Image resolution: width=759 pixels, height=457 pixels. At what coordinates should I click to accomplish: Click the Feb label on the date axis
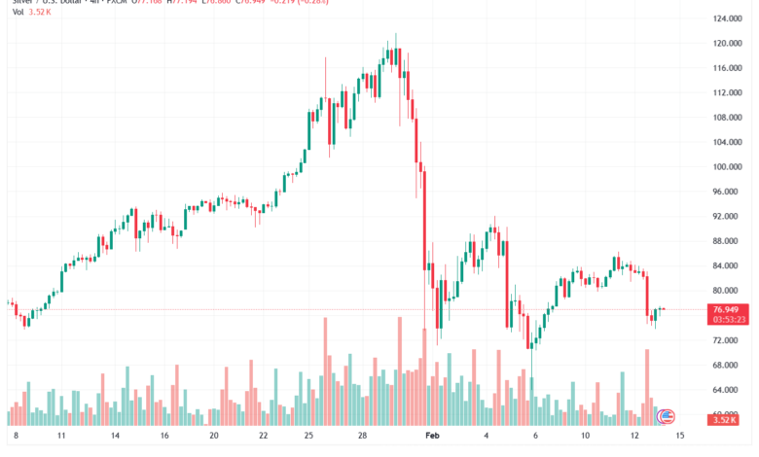(x=433, y=439)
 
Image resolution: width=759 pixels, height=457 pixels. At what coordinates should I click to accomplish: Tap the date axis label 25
(x=307, y=439)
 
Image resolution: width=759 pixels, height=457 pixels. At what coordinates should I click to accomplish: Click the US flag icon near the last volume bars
(x=667, y=416)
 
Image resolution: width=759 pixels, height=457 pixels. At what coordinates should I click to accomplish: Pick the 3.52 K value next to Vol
(x=41, y=13)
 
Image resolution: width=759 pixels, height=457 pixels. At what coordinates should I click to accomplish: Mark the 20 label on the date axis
(x=214, y=439)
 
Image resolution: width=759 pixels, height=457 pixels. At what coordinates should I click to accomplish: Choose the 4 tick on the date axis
(x=486, y=439)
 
